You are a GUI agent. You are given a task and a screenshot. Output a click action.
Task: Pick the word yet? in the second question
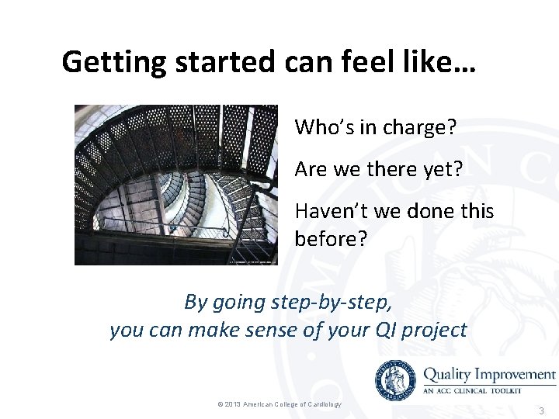pyautogui.click(x=443, y=169)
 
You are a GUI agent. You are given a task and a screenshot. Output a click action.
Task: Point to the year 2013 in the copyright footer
pyautogui.click(x=233, y=404)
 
